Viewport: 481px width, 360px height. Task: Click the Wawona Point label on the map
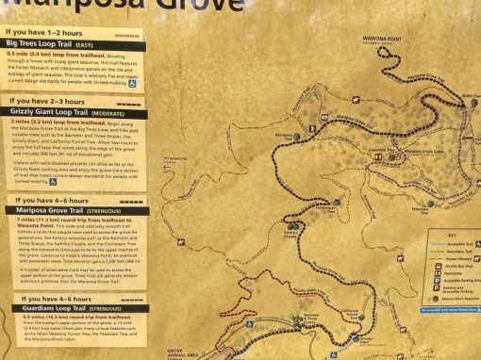point(382,40)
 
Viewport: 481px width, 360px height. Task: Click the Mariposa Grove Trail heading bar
point(75,209)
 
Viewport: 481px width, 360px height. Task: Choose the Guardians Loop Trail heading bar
point(75,306)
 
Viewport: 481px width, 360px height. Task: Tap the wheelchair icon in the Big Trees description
point(133,83)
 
